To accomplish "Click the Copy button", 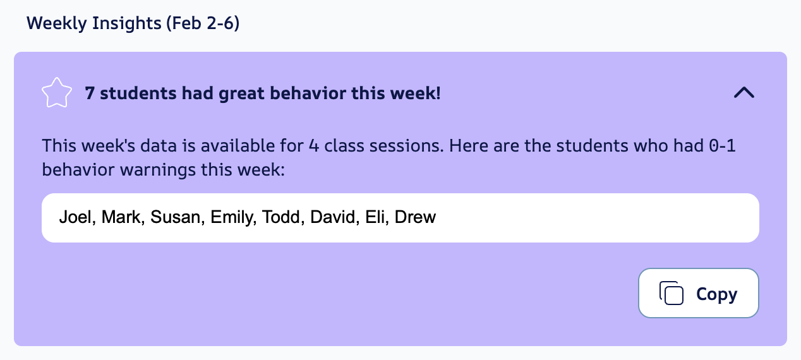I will tap(698, 293).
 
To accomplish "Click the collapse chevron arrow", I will tap(744, 93).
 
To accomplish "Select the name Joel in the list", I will tap(74, 218).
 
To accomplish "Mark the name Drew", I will tap(416, 218).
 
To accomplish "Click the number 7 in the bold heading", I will tap(90, 93).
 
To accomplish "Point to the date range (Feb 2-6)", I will tap(202, 24).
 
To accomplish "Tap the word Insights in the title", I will tap(126, 24).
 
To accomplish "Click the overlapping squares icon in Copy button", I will tap(672, 293).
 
